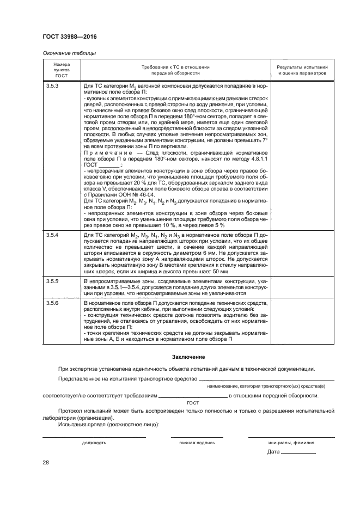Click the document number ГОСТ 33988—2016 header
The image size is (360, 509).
(x=66, y=36)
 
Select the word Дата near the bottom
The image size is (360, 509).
(x=273, y=452)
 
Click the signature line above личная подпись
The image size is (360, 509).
(x=197, y=437)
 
